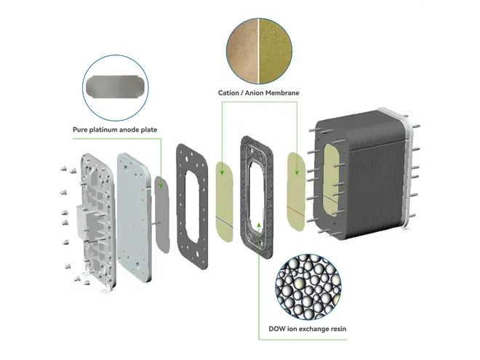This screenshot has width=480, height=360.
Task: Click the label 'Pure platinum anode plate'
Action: click(115, 130)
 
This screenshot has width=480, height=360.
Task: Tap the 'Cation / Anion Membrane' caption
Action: click(258, 93)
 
